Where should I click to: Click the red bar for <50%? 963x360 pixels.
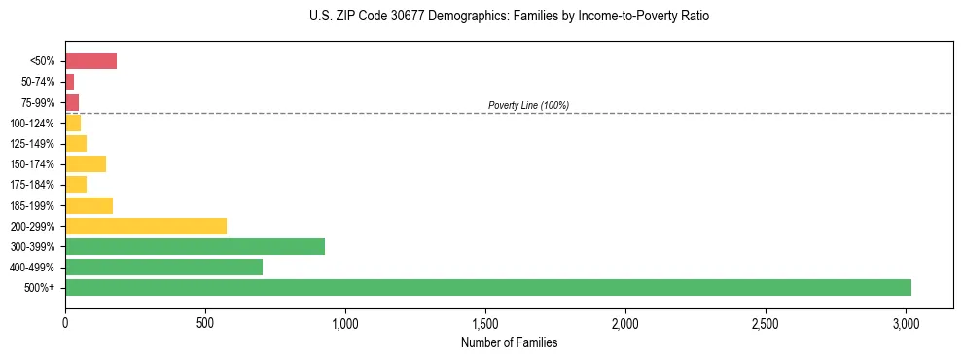pyautogui.click(x=90, y=61)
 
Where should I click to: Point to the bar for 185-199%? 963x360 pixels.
pyautogui.click(x=89, y=205)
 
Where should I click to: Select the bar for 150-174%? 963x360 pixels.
pyautogui.click(x=86, y=164)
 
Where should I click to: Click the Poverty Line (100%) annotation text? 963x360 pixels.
pyautogui.click(x=528, y=105)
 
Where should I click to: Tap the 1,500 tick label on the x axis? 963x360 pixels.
pyautogui.click(x=485, y=322)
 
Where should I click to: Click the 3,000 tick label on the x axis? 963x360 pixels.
pyautogui.click(x=906, y=322)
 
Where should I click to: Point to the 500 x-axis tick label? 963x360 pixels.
pyautogui.click(x=205, y=322)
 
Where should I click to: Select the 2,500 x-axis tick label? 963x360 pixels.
pyautogui.click(x=766, y=322)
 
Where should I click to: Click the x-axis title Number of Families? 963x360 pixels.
pyautogui.click(x=509, y=342)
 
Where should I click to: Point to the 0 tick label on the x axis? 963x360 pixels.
pyautogui.click(x=65, y=322)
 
